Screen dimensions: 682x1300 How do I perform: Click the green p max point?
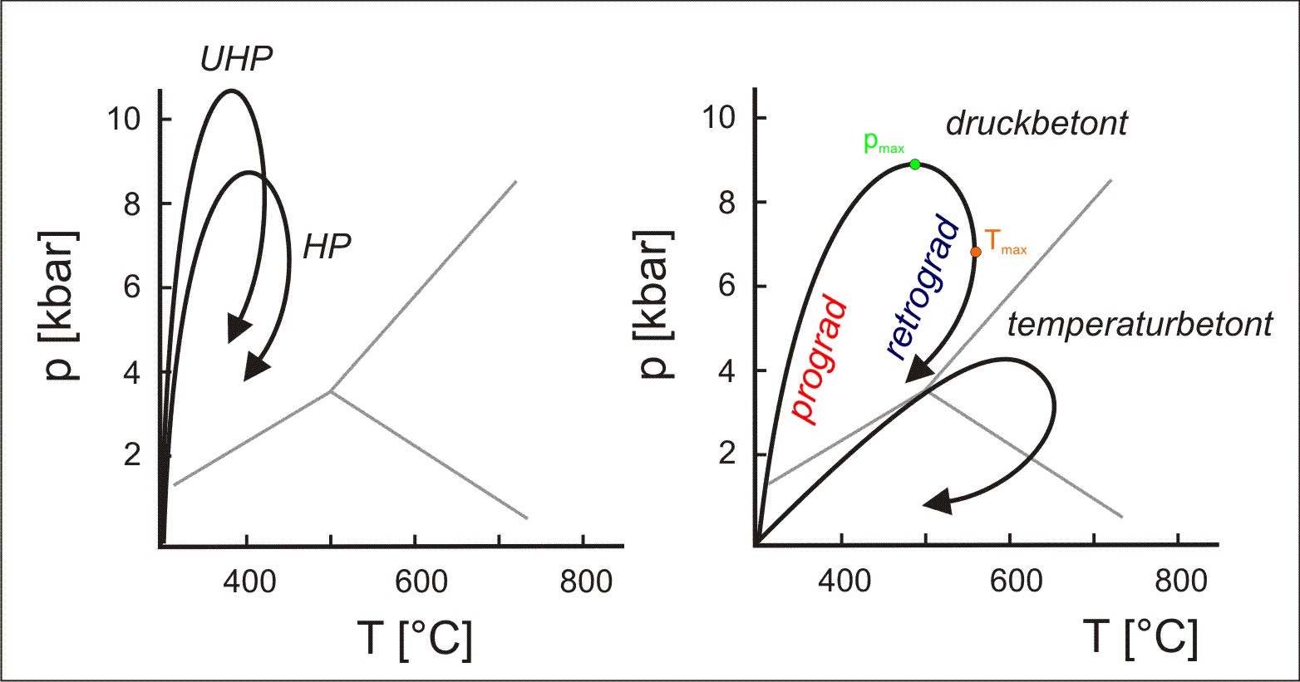coord(915,164)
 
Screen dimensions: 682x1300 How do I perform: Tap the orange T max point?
coord(976,252)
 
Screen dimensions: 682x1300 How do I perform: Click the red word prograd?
coord(820,361)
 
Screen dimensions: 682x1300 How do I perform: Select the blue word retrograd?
coord(923,287)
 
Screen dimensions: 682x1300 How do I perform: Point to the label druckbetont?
coord(1037,124)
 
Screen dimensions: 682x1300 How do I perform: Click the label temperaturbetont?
coord(1139,325)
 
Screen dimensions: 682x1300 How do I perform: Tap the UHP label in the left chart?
coord(236,59)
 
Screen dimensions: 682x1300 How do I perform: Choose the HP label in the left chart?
coord(326,246)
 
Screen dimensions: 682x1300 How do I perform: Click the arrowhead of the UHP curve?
coord(239,331)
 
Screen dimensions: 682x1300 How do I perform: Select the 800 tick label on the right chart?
coord(1179,581)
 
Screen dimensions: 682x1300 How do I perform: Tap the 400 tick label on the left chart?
coord(249,581)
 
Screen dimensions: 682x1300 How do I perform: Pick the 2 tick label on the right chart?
coord(726,454)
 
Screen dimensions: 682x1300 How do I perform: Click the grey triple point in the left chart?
coord(331,390)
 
